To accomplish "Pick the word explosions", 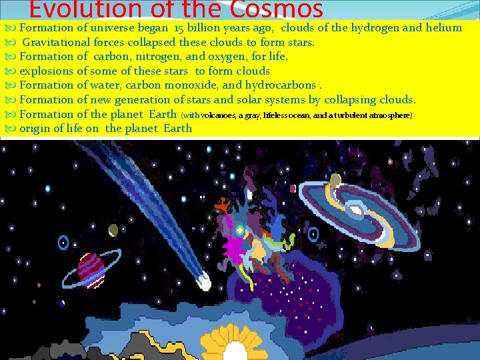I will coord(47,71).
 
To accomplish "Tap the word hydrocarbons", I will coord(281,85).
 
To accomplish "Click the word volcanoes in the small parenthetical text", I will coord(220,115).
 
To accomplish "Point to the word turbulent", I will coord(351,115).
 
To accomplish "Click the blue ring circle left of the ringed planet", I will coord(63,242).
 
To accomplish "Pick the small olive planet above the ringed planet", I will coord(113,230).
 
